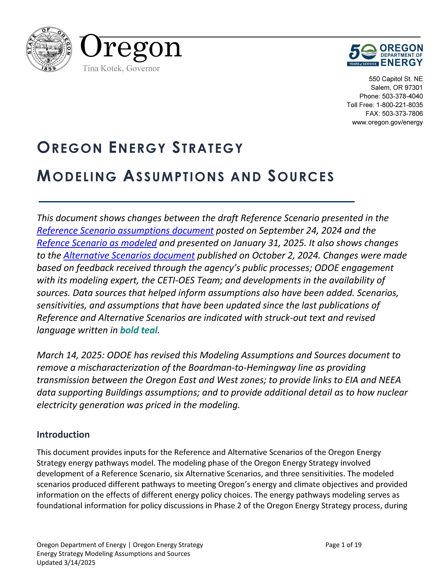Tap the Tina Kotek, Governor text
(x=121, y=68)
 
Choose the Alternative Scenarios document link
(x=129, y=255)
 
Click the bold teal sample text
(x=139, y=330)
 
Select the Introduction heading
(x=63, y=435)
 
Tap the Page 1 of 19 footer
(x=343, y=545)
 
